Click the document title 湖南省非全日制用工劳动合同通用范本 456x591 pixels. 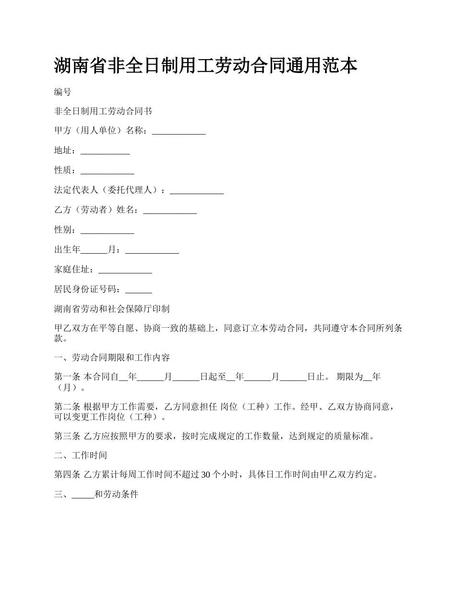[x=205, y=66]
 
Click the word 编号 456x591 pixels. [x=62, y=92]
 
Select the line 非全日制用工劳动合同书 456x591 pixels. [x=103, y=111]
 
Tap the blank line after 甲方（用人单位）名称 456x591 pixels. [x=179, y=131]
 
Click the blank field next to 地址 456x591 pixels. [x=105, y=151]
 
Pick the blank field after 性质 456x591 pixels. [x=107, y=171]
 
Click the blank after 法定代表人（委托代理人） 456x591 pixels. [x=197, y=191]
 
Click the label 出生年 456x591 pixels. [x=67, y=250]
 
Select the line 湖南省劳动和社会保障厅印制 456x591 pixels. [x=111, y=309]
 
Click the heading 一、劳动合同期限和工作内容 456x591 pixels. [x=111, y=358]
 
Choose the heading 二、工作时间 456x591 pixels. [x=81, y=456]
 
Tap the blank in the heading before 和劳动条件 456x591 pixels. [x=83, y=494]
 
